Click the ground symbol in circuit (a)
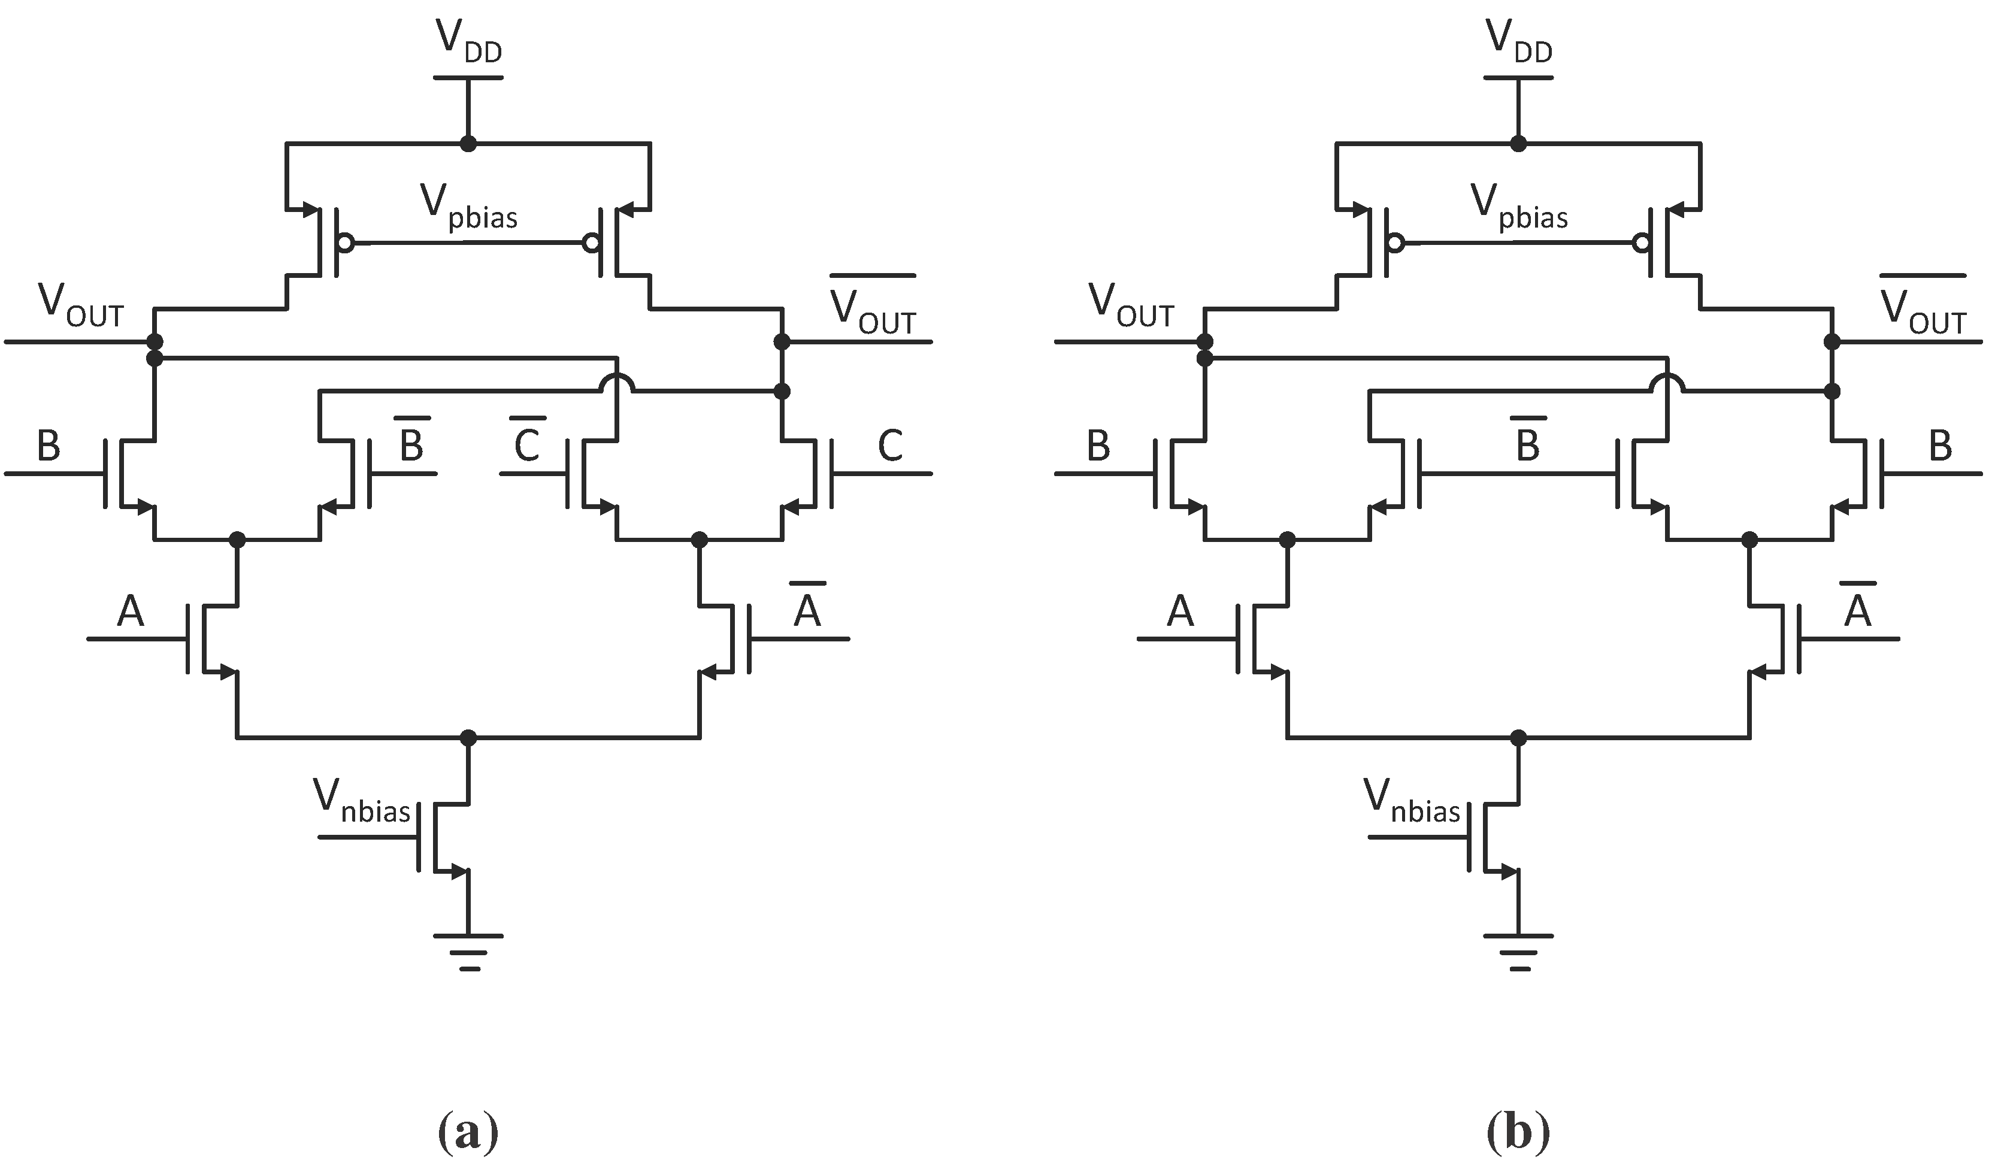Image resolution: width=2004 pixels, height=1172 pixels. pos(468,951)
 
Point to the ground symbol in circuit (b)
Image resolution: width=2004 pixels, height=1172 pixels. pos(1519,951)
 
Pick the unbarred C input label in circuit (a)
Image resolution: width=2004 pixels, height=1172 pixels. pos(890,446)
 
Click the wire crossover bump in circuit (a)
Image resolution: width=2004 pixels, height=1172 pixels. pos(617,383)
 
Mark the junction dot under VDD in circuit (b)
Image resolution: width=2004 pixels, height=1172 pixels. pos(1518,144)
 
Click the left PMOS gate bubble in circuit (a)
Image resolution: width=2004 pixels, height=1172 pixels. pos(345,243)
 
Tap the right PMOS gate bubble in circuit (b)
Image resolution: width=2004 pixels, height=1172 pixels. pos(1640,243)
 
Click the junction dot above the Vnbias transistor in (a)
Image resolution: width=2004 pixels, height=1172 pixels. pos(468,738)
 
